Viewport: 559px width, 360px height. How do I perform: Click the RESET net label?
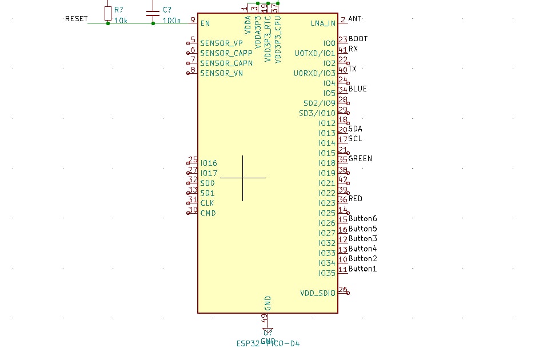(77, 19)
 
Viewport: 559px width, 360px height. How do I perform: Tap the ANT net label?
(354, 19)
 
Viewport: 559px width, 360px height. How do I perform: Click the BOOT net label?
(358, 39)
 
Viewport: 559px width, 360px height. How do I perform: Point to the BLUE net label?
(358, 89)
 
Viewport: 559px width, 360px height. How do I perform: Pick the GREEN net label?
(360, 159)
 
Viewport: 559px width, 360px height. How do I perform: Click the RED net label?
(356, 199)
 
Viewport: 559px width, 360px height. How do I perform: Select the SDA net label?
(355, 129)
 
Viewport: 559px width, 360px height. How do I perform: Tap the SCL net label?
(355, 139)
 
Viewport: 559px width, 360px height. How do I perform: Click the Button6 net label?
(363, 219)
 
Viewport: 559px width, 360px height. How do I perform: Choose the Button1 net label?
(363, 269)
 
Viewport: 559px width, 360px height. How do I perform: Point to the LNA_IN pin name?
(323, 23)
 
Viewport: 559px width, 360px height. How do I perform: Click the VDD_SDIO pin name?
(318, 293)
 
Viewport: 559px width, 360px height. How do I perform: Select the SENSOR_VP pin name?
(221, 43)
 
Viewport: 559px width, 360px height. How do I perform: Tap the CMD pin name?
(208, 213)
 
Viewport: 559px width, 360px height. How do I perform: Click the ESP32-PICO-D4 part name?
(268, 343)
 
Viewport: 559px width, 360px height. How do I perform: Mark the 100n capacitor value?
(171, 21)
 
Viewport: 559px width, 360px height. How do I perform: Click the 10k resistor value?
(121, 21)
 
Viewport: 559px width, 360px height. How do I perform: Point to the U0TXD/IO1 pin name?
(315, 53)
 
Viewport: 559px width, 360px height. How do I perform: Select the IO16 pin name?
(209, 163)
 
